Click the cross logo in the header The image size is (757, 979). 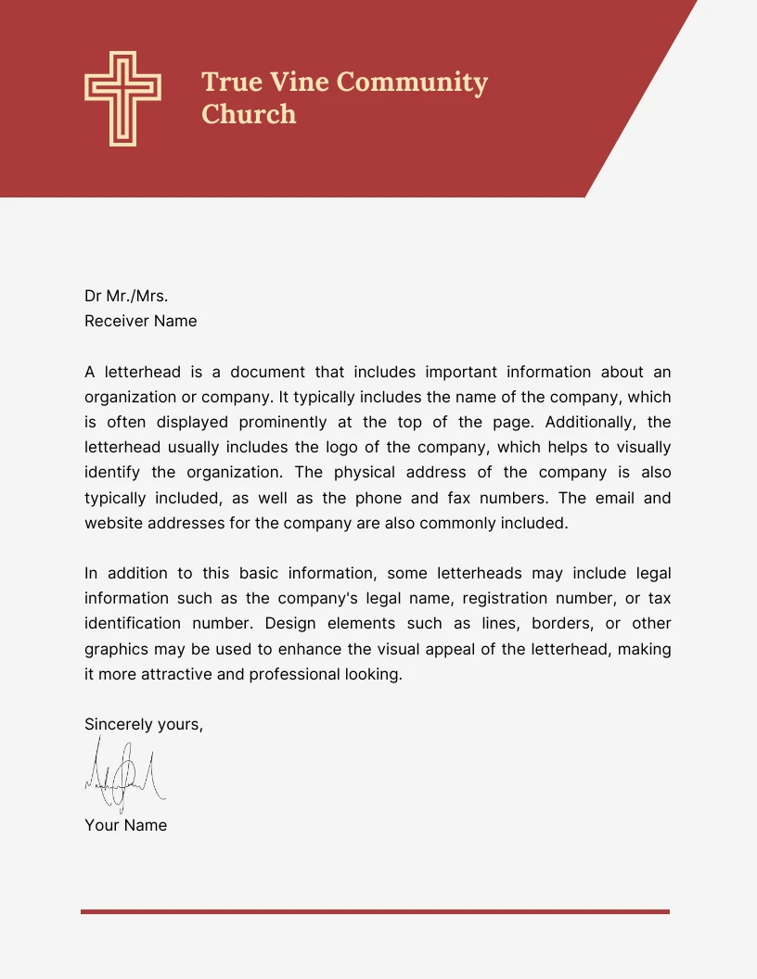(122, 98)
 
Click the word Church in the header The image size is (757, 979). (249, 114)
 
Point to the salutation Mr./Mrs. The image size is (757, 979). (137, 296)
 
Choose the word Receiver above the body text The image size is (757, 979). (117, 321)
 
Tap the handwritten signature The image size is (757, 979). (125, 775)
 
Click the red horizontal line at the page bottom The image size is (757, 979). (375, 911)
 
